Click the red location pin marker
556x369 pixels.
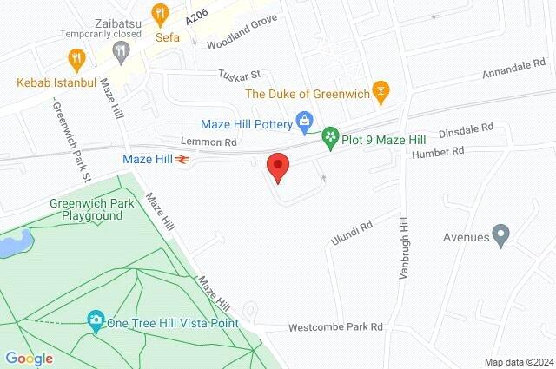tap(277, 166)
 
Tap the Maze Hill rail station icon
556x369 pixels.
tap(182, 159)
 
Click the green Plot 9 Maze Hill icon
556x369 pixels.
tap(330, 136)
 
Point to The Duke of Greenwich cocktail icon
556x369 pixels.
tap(379, 89)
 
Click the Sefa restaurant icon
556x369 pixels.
tap(159, 14)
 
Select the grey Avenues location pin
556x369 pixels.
tap(500, 234)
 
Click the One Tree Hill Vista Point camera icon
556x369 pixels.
tap(96, 322)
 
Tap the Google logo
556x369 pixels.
tap(29, 358)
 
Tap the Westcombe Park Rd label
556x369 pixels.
tap(336, 327)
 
